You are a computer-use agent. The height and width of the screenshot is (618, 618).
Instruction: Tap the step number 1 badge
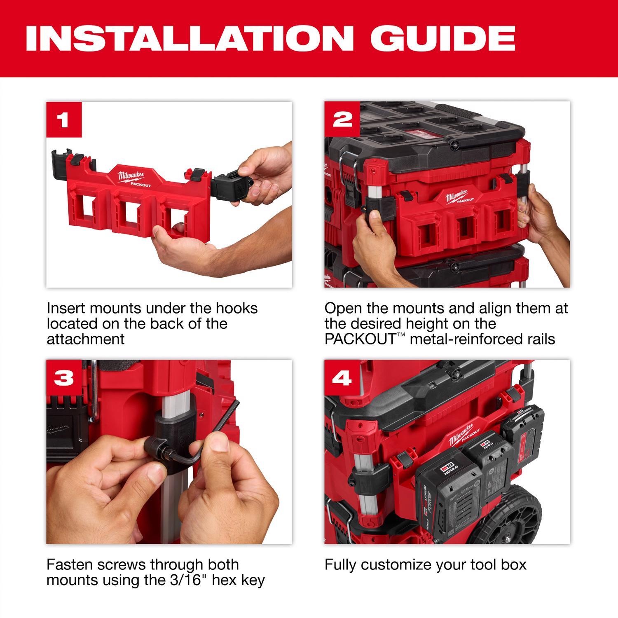(x=64, y=120)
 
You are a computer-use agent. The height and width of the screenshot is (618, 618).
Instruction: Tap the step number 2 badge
(x=342, y=120)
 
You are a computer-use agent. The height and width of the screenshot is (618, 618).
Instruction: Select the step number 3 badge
(x=64, y=378)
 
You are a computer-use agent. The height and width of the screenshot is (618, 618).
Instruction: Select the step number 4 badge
(x=342, y=378)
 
